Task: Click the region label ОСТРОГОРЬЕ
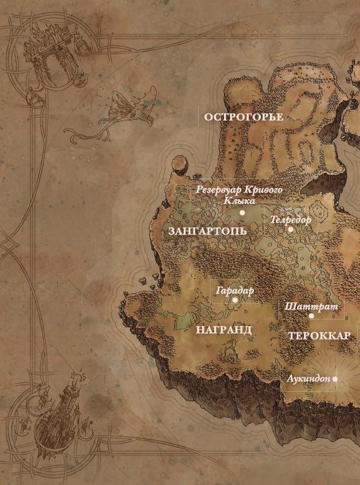pyautogui.click(x=244, y=117)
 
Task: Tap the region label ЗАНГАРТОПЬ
pyautogui.click(x=207, y=231)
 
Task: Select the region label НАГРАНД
pyautogui.click(x=223, y=330)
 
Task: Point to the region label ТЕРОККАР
pyautogui.click(x=319, y=336)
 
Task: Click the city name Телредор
pyautogui.click(x=290, y=220)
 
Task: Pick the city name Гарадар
pyautogui.click(x=235, y=291)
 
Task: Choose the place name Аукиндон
pyautogui.click(x=308, y=379)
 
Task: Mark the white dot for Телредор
pyautogui.click(x=290, y=229)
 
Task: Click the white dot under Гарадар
pyautogui.click(x=235, y=300)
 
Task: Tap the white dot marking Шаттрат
pyautogui.click(x=312, y=316)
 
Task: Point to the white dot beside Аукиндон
pyautogui.click(x=335, y=379)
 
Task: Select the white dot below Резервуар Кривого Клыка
pyautogui.click(x=242, y=212)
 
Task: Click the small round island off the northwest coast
pyautogui.click(x=177, y=162)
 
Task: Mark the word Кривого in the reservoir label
pyautogui.click(x=262, y=190)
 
